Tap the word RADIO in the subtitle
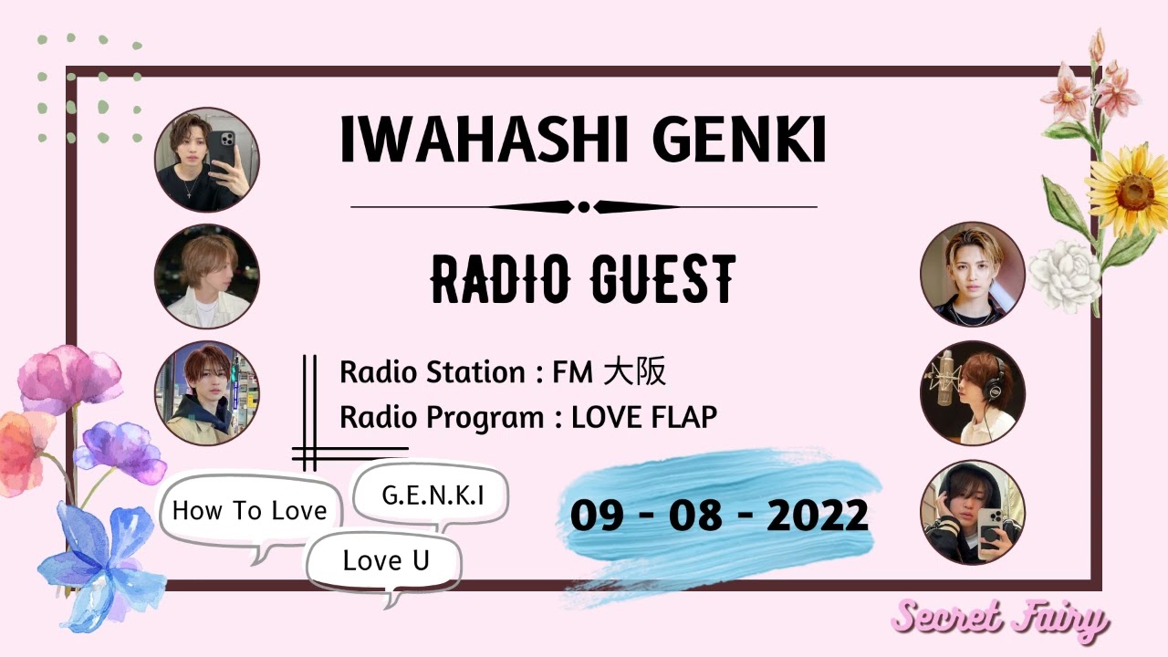(498, 279)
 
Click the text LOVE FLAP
(643, 417)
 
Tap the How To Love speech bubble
(249, 510)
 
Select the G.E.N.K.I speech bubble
(432, 495)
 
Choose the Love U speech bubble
(385, 560)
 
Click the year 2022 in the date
(817, 516)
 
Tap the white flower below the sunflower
(1066, 272)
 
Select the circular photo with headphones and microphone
(973, 393)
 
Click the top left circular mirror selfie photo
(207, 160)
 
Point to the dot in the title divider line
(584, 207)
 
